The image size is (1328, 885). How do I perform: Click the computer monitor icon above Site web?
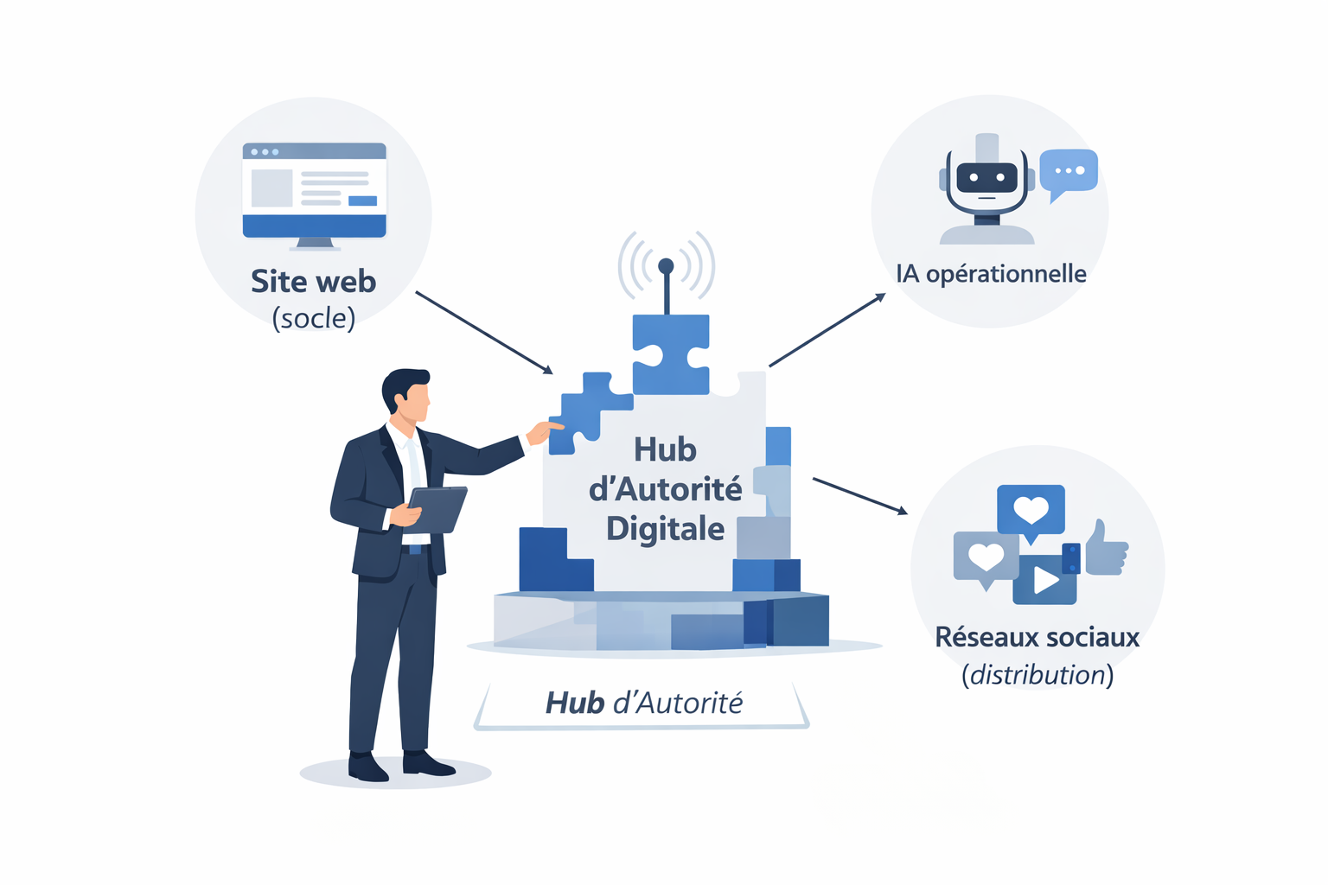[314, 192]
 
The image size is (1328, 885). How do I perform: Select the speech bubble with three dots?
[1069, 171]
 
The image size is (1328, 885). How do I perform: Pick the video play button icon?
[1045, 580]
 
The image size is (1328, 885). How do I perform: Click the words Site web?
[313, 282]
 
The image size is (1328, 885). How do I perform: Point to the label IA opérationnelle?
[991, 274]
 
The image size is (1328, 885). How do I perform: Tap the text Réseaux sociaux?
[1037, 638]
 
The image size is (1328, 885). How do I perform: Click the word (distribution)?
[1037, 675]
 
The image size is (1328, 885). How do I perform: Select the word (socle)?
[313, 319]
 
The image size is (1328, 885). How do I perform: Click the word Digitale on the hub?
[665, 528]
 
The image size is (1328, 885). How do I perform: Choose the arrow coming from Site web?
[483, 333]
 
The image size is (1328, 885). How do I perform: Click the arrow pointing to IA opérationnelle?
[827, 329]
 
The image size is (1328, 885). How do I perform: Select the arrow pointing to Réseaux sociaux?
[859, 495]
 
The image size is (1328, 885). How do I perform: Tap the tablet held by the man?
[437, 509]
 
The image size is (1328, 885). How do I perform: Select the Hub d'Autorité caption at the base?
[643, 704]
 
